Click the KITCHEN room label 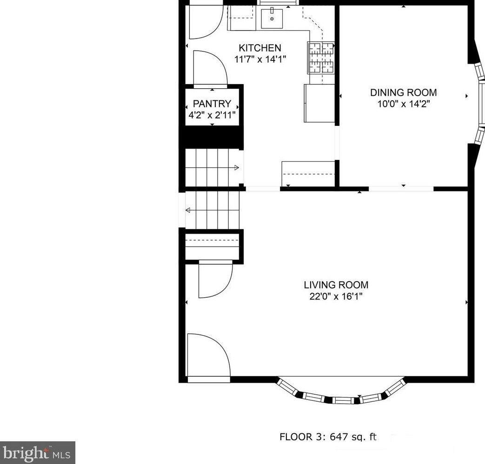(x=260, y=48)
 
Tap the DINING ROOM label (x=403, y=92)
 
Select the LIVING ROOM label (x=336, y=285)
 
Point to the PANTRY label (x=212, y=104)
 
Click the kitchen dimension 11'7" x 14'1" (x=260, y=59)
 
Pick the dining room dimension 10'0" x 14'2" (x=403, y=104)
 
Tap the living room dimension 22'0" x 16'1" (x=336, y=296)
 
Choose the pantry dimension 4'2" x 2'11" (x=212, y=115)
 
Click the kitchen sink (x=272, y=19)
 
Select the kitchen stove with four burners (x=321, y=58)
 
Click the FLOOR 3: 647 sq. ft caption (x=328, y=437)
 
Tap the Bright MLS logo (x=37, y=452)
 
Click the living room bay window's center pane (x=345, y=400)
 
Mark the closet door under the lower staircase (x=215, y=279)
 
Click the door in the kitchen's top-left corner (x=206, y=22)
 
